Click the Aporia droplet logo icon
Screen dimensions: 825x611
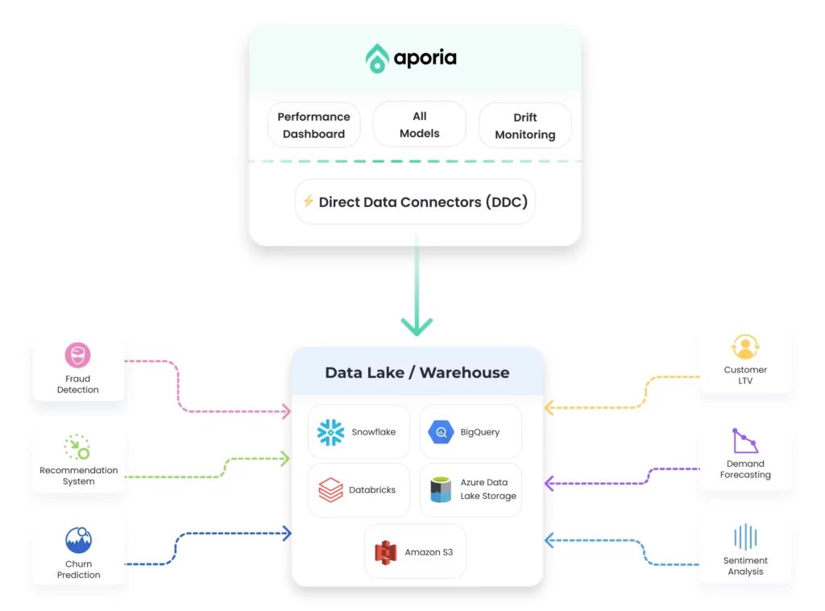(377, 58)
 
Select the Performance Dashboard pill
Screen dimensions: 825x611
(313, 125)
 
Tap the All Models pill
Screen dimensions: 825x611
(419, 124)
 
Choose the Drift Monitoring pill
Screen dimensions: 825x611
(524, 125)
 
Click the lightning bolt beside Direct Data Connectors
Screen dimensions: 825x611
(309, 201)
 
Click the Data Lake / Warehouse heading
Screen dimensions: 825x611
(417, 372)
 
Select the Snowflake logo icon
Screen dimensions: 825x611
(330, 432)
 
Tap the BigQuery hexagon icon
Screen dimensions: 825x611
(441, 432)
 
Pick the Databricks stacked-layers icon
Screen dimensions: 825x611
(330, 489)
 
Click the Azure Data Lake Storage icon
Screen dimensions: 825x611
(441, 489)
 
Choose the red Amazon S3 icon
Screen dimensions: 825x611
(386, 552)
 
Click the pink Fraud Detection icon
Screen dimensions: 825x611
(78, 355)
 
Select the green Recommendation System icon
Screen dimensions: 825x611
(77, 447)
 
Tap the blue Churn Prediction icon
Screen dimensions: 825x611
(78, 540)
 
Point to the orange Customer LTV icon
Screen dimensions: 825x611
(745, 347)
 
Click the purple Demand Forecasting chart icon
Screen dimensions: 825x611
(745, 440)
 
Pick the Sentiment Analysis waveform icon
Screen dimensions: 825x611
(745, 537)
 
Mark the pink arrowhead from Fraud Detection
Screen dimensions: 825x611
(286, 411)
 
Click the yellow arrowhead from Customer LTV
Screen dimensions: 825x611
(549, 407)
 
